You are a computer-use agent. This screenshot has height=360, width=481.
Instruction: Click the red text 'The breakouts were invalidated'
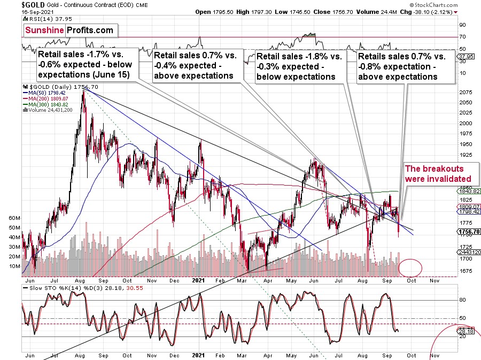[439, 173]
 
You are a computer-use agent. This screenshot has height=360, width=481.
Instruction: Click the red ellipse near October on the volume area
[410, 266]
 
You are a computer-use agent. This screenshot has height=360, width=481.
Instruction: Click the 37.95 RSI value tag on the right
[467, 55]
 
